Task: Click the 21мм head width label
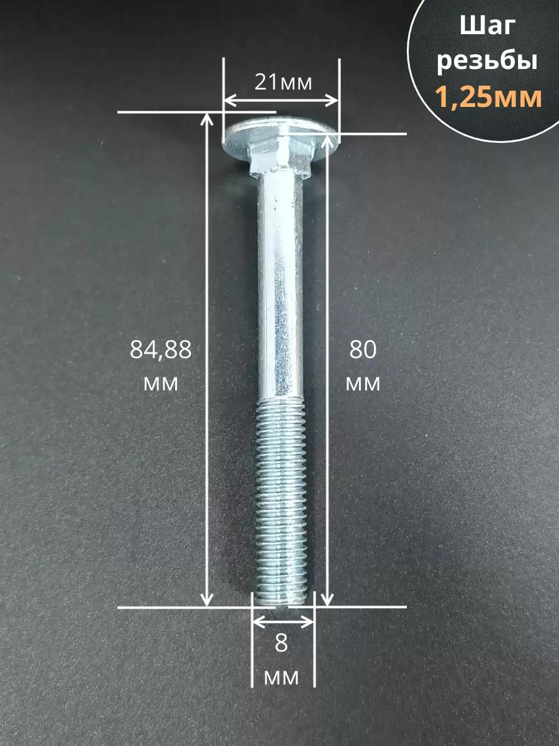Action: [283, 82]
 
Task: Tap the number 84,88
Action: [160, 350]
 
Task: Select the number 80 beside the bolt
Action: [363, 350]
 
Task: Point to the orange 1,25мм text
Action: [488, 96]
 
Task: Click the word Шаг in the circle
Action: [488, 27]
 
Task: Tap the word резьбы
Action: [487, 62]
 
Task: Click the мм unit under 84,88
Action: [160, 384]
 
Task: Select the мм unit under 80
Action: [363, 384]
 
